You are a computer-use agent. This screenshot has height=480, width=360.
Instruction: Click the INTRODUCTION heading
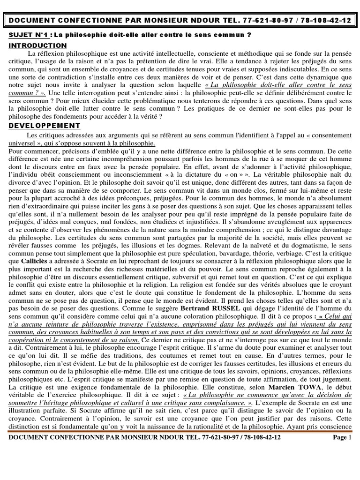(38, 45)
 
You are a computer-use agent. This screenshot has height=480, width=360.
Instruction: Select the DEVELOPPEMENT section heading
(45, 126)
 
